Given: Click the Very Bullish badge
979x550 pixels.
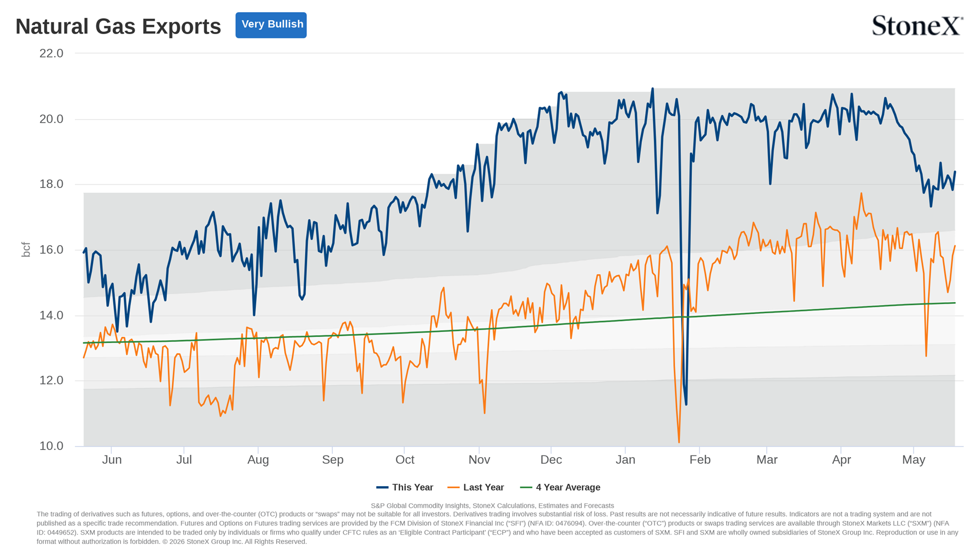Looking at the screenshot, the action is point(271,25).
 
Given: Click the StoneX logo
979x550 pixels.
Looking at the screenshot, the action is point(917,25).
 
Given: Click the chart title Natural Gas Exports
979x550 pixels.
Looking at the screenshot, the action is point(118,26).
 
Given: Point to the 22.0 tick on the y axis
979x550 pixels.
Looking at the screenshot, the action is point(51,53).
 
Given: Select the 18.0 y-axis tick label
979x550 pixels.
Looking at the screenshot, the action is point(51,184).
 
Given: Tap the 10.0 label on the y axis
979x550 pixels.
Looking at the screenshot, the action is point(51,446).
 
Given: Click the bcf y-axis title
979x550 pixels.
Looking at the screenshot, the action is point(26,249).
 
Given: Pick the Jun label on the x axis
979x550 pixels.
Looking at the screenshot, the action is point(112,460).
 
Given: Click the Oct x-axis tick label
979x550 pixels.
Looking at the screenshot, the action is point(405,460).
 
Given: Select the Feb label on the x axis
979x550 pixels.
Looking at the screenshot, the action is point(700,460).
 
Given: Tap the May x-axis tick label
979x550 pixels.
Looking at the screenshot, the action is point(914,460).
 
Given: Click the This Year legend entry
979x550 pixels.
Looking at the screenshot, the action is point(405,487).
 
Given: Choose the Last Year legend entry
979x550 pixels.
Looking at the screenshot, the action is point(476,487).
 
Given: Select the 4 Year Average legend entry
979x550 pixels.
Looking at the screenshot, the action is point(560,487).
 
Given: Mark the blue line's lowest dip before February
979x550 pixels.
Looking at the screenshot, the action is point(686,405).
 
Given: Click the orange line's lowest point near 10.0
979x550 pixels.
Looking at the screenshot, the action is point(679,442).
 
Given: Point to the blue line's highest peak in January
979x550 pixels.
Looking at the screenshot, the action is point(652,88).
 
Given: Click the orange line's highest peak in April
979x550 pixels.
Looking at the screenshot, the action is point(861,193).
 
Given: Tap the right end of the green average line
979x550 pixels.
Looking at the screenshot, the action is point(955,303).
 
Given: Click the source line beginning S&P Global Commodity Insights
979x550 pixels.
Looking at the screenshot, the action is point(492,505).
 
